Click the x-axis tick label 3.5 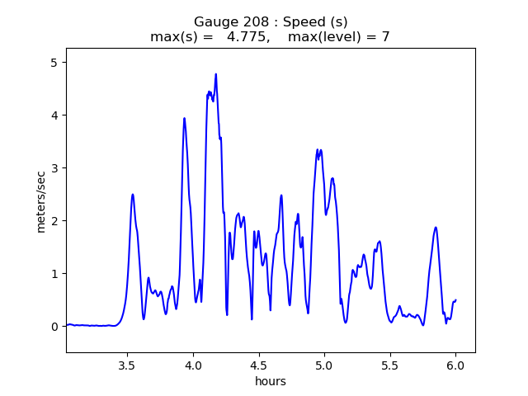coord(127,365)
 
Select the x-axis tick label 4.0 coord(193,365)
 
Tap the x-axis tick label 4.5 coord(259,365)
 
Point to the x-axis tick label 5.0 coord(324,365)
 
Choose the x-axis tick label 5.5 coord(390,365)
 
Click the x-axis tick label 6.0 coord(456,365)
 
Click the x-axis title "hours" coord(271,381)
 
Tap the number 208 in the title coord(247,21)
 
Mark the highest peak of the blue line coord(216,74)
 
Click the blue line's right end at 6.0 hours coord(456,300)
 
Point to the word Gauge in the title coord(213,21)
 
